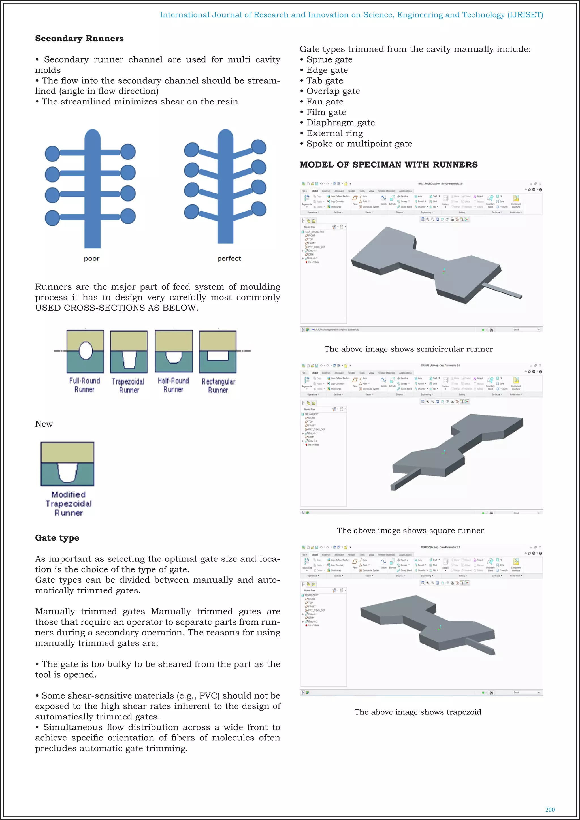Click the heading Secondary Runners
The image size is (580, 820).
(79, 39)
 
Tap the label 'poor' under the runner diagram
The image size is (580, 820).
(92, 259)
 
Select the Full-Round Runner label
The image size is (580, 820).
(85, 385)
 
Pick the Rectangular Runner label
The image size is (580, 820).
(218, 386)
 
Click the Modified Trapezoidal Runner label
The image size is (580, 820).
(68, 503)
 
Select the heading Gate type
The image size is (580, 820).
(57, 538)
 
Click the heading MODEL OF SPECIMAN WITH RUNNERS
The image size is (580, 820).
(388, 165)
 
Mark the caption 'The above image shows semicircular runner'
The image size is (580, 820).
(408, 349)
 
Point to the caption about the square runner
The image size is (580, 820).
(410, 531)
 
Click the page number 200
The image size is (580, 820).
(550, 810)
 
